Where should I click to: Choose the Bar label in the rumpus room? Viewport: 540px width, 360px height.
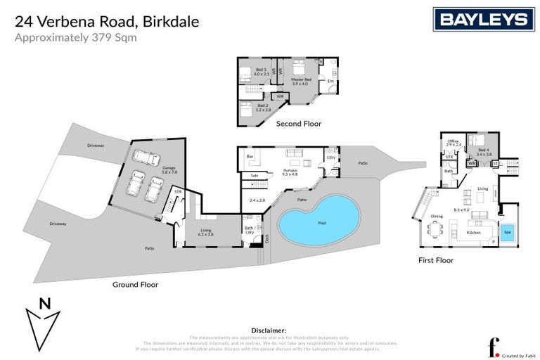pyautogui.click(x=249, y=156)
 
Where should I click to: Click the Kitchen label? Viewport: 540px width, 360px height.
pyautogui.click(x=472, y=232)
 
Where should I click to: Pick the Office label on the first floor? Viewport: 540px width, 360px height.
pyautogui.click(x=454, y=142)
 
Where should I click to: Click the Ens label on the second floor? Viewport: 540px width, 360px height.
pyautogui.click(x=330, y=82)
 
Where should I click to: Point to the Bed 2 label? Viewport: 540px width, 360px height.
pyautogui.click(x=262, y=107)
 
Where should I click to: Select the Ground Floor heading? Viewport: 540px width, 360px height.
pyautogui.click(x=135, y=285)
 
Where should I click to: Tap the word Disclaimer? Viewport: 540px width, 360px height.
pyautogui.click(x=269, y=329)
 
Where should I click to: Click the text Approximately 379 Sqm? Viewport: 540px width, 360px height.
pyautogui.click(x=75, y=37)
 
